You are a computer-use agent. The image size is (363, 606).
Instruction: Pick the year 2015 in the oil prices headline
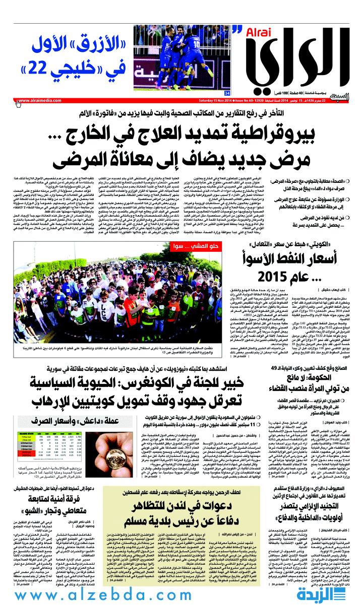click(273, 277)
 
